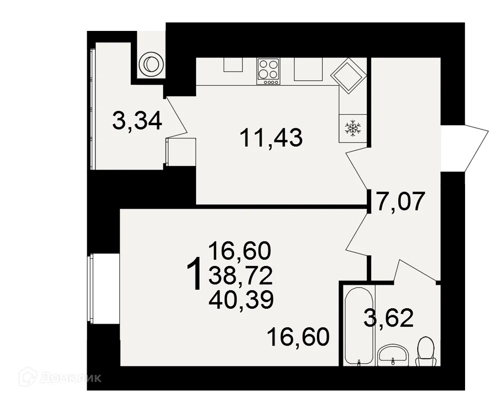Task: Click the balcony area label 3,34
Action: (x=137, y=121)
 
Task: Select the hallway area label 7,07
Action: (x=401, y=202)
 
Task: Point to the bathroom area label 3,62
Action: (x=389, y=318)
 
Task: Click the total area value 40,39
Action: (x=241, y=299)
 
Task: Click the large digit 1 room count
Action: (x=194, y=274)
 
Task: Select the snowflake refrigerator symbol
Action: (x=353, y=128)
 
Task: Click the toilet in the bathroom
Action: (x=426, y=352)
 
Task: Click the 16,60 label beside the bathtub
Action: (x=298, y=337)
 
